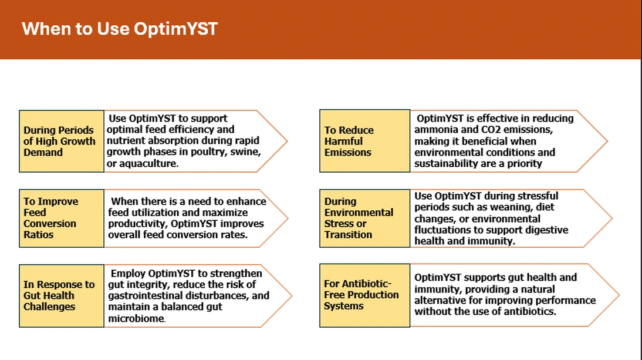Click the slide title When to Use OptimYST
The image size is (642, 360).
(120, 29)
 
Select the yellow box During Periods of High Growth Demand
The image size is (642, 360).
(62, 141)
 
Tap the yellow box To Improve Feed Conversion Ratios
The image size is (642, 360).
(62, 218)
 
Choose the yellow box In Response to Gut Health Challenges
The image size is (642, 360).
(62, 296)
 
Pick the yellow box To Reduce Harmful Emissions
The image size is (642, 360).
(365, 141)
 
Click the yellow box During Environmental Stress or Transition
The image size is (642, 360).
(365, 218)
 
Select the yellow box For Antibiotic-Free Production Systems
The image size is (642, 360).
(365, 295)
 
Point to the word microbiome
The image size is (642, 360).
(136, 318)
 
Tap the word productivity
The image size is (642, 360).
(137, 224)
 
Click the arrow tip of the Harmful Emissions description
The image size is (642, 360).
(607, 141)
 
